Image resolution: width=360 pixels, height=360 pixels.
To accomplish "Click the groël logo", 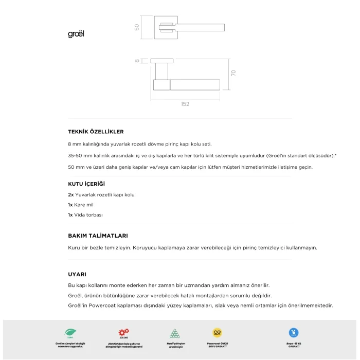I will (x=76, y=34).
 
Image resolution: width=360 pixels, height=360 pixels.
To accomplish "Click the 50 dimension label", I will (x=137, y=27).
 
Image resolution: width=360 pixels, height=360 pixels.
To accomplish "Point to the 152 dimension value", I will (x=185, y=104).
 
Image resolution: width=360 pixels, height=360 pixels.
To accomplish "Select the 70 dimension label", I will (x=233, y=74).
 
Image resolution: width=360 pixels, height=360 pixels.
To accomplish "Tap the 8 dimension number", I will (x=137, y=61).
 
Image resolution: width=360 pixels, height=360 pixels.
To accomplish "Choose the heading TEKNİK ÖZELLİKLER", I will (x=96, y=132).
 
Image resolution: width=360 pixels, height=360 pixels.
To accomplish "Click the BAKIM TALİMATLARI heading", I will (x=98, y=236).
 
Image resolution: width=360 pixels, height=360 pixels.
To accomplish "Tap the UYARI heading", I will (x=77, y=274).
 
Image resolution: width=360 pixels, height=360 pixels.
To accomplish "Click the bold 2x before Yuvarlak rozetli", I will (x=70, y=195).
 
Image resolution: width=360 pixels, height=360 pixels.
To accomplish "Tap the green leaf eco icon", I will (x=69, y=333).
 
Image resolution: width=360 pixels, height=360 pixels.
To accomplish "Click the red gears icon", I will (x=123, y=332).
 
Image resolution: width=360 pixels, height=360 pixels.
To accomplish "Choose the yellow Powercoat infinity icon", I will (x=217, y=332).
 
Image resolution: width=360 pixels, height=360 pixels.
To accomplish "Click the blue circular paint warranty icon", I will (x=294, y=332).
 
